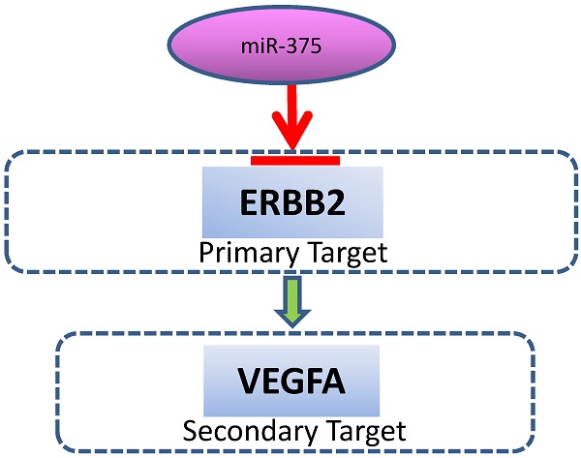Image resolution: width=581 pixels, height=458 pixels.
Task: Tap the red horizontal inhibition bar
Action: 294,160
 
